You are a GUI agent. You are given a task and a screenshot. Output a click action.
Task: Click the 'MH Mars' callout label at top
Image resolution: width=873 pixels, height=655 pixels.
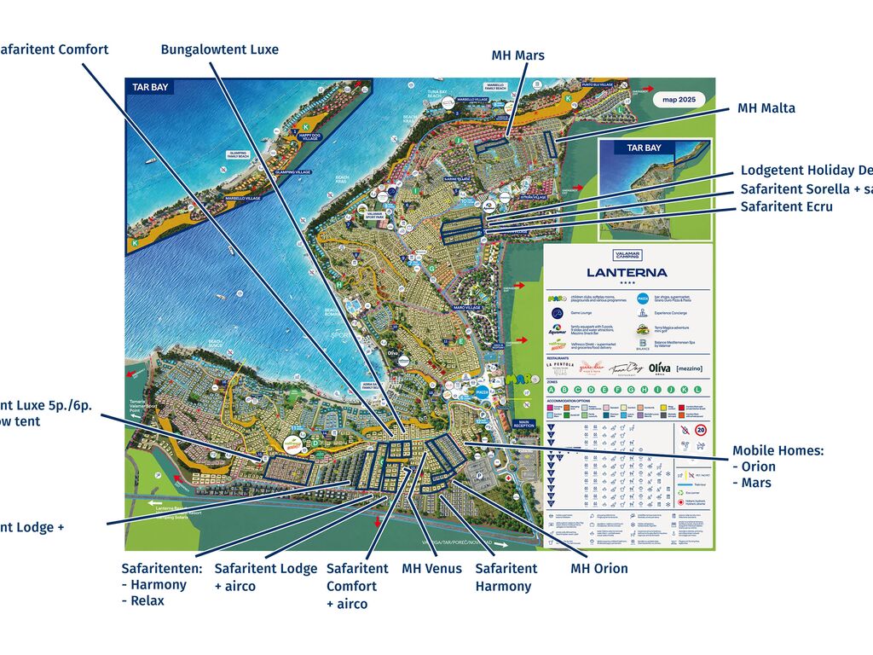(x=517, y=56)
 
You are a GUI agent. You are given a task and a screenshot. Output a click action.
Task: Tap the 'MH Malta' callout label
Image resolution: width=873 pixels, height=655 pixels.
(x=766, y=108)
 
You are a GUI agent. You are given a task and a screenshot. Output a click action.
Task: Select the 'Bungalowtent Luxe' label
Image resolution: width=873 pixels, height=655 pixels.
(x=219, y=49)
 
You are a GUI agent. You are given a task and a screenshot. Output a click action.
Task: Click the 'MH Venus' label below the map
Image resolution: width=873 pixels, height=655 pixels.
(x=431, y=569)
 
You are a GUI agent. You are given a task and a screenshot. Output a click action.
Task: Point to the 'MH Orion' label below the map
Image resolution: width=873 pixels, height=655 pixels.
(x=598, y=569)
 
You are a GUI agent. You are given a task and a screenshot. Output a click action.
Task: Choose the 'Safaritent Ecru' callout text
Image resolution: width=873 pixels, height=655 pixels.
(x=786, y=206)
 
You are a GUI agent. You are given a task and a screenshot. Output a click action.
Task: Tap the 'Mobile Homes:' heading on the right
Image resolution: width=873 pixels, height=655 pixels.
(x=778, y=450)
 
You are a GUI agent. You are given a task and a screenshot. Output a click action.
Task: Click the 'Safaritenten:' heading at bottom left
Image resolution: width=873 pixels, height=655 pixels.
(x=161, y=568)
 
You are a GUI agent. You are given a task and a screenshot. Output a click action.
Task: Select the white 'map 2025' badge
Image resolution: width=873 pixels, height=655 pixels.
(x=679, y=98)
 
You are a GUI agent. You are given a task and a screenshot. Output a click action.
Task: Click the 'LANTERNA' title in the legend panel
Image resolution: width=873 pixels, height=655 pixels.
(x=627, y=273)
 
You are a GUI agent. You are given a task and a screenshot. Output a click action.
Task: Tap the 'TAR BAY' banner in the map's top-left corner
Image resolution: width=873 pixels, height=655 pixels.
(x=150, y=87)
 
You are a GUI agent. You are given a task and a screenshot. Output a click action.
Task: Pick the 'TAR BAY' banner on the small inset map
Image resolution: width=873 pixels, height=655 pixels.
(x=644, y=148)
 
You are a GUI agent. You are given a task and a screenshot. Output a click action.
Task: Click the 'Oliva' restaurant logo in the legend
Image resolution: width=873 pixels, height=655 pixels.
(x=659, y=368)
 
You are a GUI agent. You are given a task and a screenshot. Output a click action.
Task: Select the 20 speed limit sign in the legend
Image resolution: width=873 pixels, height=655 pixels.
(x=700, y=431)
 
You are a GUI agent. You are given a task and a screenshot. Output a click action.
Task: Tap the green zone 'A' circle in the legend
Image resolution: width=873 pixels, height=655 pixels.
(x=552, y=390)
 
